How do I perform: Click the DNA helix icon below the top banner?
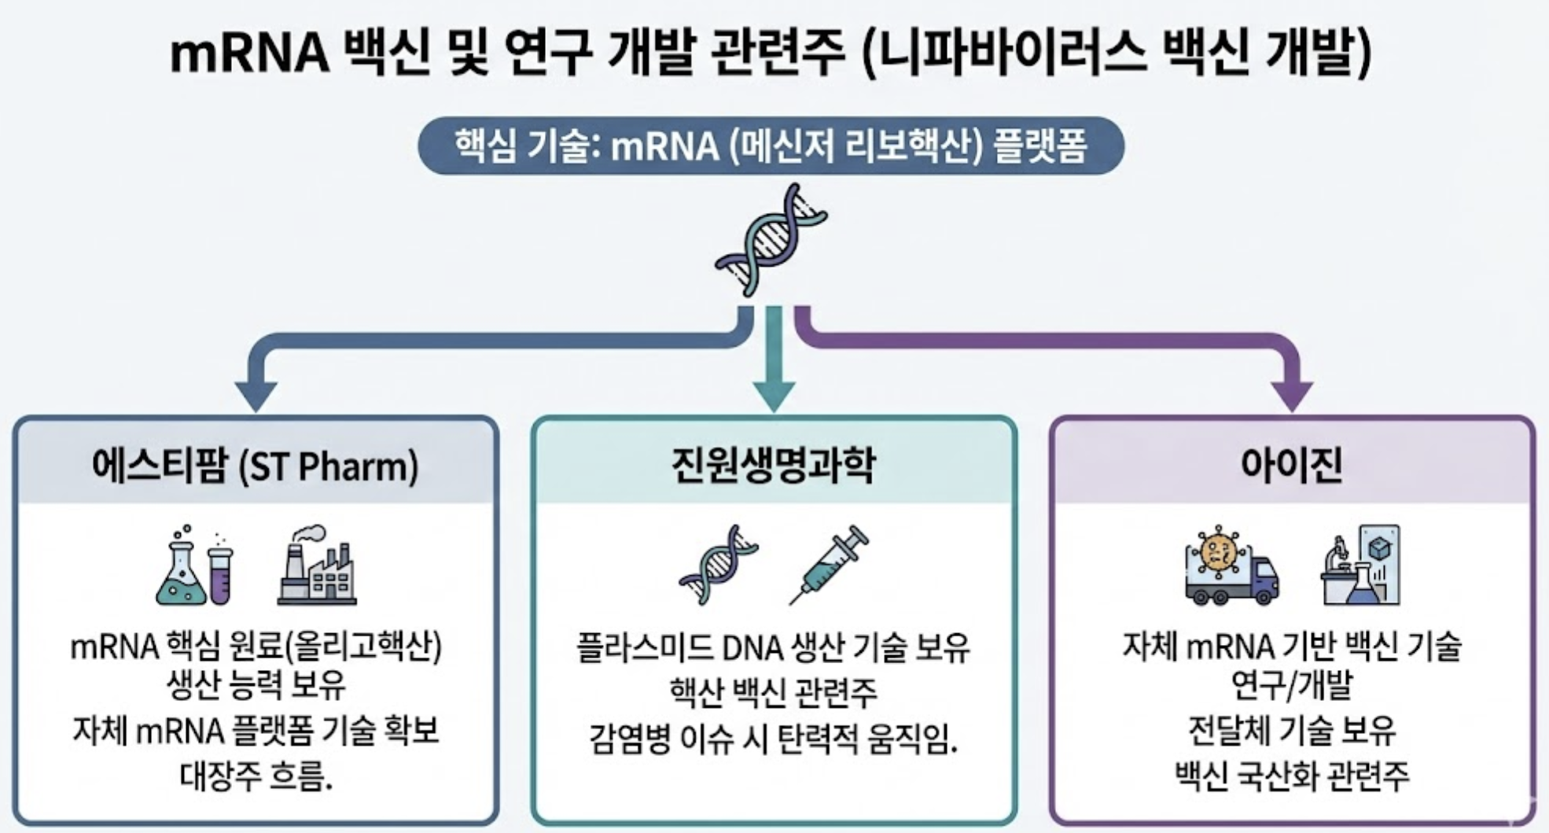[x=770, y=241]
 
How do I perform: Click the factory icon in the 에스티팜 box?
[x=317, y=566]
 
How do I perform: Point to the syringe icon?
[x=830, y=565]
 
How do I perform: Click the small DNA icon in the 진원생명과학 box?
[x=717, y=565]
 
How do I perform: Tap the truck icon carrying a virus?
[x=1231, y=566]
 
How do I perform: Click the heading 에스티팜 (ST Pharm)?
[x=256, y=466]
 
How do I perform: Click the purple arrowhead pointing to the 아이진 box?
[x=1291, y=396]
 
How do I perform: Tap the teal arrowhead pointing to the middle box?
[x=774, y=396]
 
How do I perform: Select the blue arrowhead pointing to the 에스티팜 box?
[x=256, y=396]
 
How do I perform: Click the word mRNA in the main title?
[x=249, y=53]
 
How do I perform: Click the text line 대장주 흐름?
[x=256, y=776]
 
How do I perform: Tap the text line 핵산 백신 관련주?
[x=773, y=691]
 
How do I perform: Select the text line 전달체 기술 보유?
[x=1291, y=730]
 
